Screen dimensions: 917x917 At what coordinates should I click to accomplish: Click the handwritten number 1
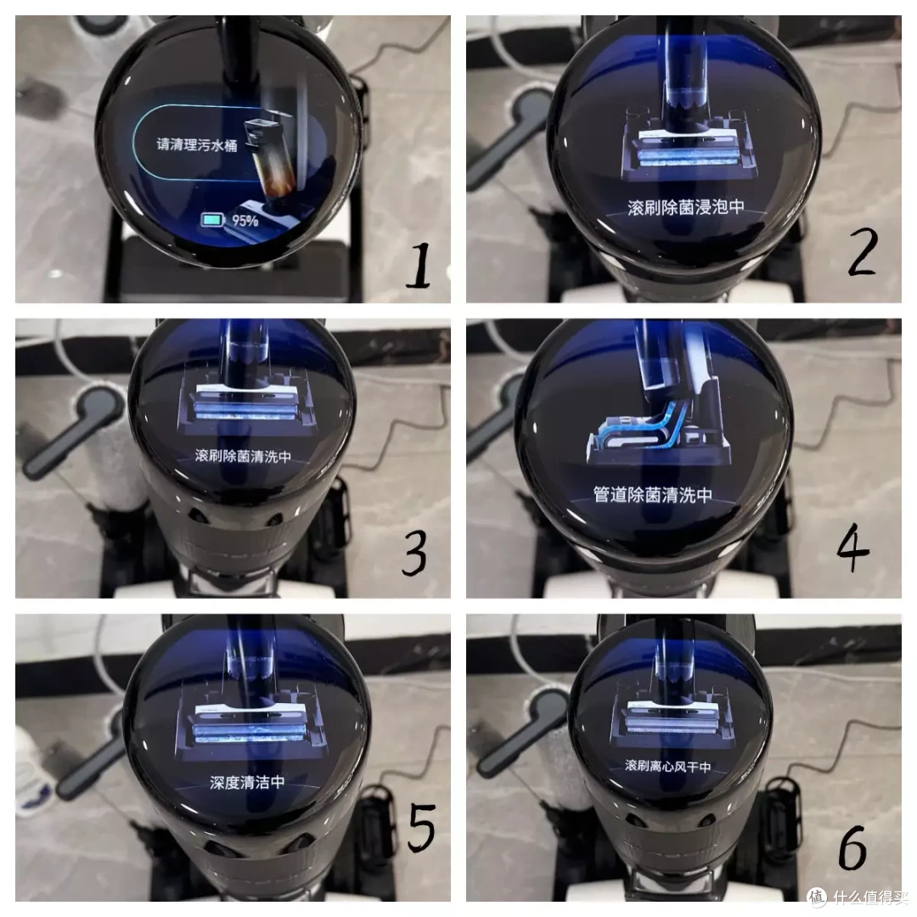(x=419, y=266)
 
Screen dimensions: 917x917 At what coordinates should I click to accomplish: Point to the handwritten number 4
(x=852, y=548)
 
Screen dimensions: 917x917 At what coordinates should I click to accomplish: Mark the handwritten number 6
(x=852, y=847)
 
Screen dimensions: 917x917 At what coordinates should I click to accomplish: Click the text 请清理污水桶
(x=197, y=144)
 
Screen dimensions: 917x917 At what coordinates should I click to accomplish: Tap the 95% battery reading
(x=245, y=221)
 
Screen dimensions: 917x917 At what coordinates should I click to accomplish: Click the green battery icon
(x=212, y=220)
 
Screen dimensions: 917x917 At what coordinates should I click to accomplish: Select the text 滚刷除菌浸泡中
(x=686, y=207)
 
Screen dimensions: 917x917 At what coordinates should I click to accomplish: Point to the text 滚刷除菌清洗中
(x=243, y=456)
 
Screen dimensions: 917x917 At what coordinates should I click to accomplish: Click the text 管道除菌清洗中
(x=653, y=495)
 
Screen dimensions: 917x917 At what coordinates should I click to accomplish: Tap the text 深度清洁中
(x=247, y=782)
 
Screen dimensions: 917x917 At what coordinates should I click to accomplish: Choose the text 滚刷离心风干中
(x=668, y=766)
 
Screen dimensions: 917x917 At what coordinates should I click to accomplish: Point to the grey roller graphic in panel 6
(x=672, y=726)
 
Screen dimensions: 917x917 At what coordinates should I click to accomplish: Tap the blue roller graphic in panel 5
(x=250, y=732)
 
